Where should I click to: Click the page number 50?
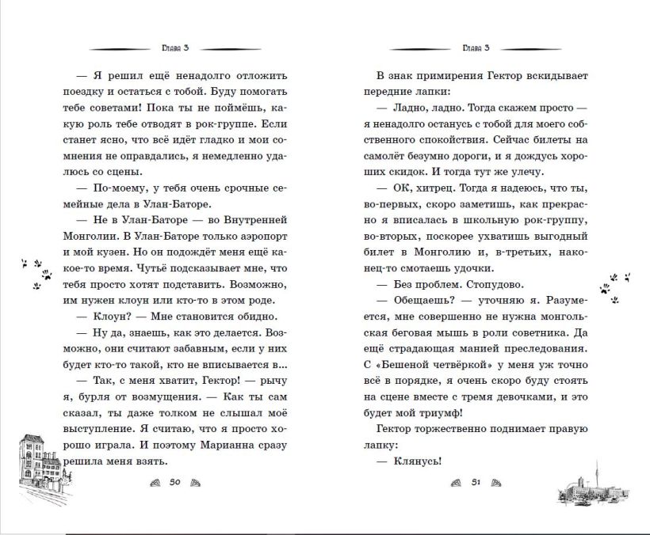176,482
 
